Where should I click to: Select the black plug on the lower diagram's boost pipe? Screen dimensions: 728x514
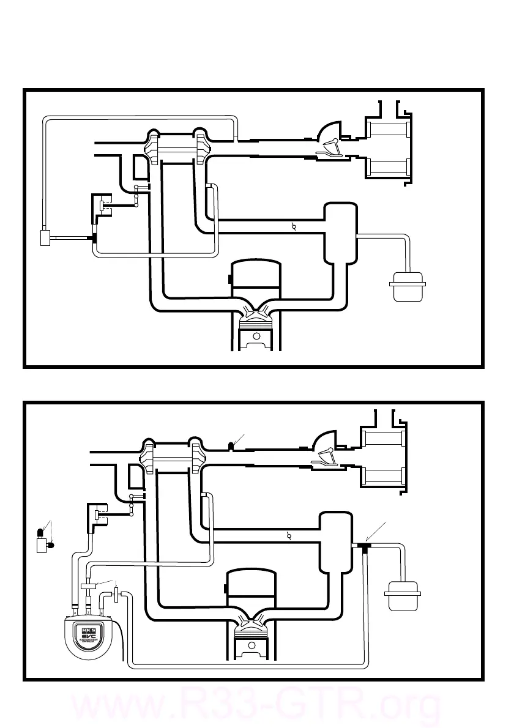(231, 445)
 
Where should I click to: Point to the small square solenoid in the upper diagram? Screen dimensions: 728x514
(46, 237)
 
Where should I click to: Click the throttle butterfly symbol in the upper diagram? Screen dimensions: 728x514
(294, 227)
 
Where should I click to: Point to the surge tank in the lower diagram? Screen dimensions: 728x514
(337, 541)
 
